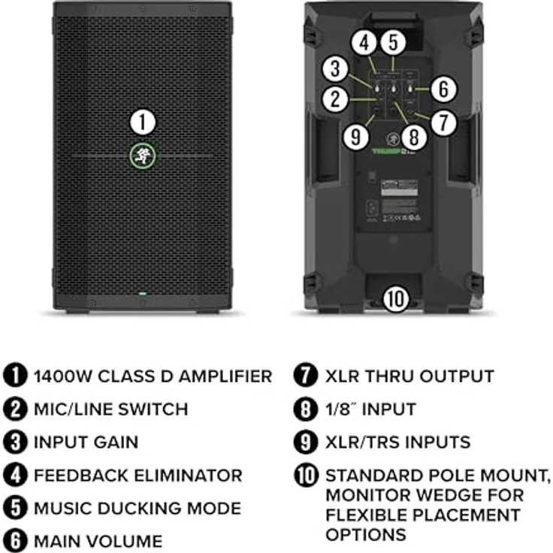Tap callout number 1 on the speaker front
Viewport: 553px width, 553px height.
click(x=143, y=122)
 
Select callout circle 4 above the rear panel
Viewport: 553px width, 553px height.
click(x=364, y=42)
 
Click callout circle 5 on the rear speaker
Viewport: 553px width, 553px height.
click(x=394, y=42)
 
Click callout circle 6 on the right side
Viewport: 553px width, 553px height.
click(x=443, y=89)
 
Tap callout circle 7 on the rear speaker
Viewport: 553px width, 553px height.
click(x=443, y=121)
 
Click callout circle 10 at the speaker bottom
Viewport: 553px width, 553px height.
click(x=395, y=298)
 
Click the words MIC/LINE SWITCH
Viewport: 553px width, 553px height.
click(x=110, y=409)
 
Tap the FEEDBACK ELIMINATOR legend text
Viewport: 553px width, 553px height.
click(x=137, y=475)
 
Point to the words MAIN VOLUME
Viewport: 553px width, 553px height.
click(x=98, y=541)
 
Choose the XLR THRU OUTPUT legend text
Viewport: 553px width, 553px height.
click(x=409, y=376)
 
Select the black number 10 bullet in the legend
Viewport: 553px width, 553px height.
click(x=307, y=476)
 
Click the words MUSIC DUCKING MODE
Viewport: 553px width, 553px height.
click(x=137, y=508)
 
